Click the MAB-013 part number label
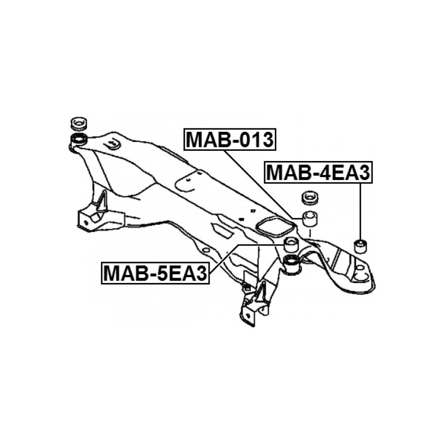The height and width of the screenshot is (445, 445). (230, 139)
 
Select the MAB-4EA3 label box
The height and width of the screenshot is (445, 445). (318, 172)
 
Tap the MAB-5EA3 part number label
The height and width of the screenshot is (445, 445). (155, 273)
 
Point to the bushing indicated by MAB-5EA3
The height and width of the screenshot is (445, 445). (291, 244)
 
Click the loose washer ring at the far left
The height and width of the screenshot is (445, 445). (79, 124)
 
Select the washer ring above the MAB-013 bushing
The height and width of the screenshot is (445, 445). (310, 197)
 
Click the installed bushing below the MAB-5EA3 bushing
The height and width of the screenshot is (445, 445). (292, 264)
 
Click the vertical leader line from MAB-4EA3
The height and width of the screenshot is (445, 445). (360, 212)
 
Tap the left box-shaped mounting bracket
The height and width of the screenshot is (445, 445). (101, 220)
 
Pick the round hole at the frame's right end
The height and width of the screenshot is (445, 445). (360, 267)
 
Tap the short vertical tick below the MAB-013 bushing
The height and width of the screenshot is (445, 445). (310, 233)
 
